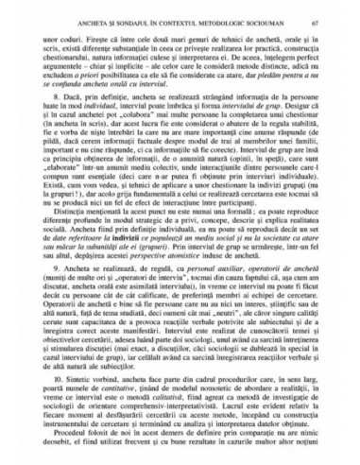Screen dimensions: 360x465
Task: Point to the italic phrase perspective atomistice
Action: point(180,281)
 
